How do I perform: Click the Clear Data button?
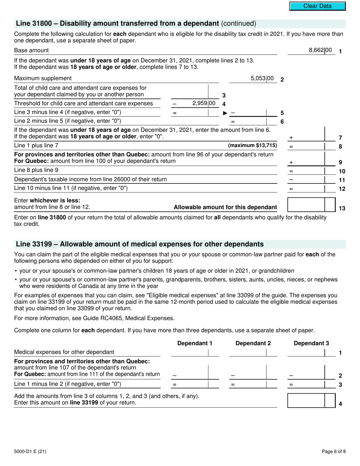318,6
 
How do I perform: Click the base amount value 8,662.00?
320,50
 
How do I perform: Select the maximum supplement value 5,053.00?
262,78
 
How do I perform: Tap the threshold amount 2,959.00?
204,103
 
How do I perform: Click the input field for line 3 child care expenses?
189,91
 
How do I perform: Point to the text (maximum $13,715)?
252,145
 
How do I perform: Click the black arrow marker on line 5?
225,113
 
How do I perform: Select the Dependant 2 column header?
253,343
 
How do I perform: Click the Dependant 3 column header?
311,343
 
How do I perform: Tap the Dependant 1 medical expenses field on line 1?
189,353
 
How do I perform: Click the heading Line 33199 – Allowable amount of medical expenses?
139,244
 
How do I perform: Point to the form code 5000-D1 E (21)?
30,451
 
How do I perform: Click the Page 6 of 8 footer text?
333,451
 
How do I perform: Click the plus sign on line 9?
291,162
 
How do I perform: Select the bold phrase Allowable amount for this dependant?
225,207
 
